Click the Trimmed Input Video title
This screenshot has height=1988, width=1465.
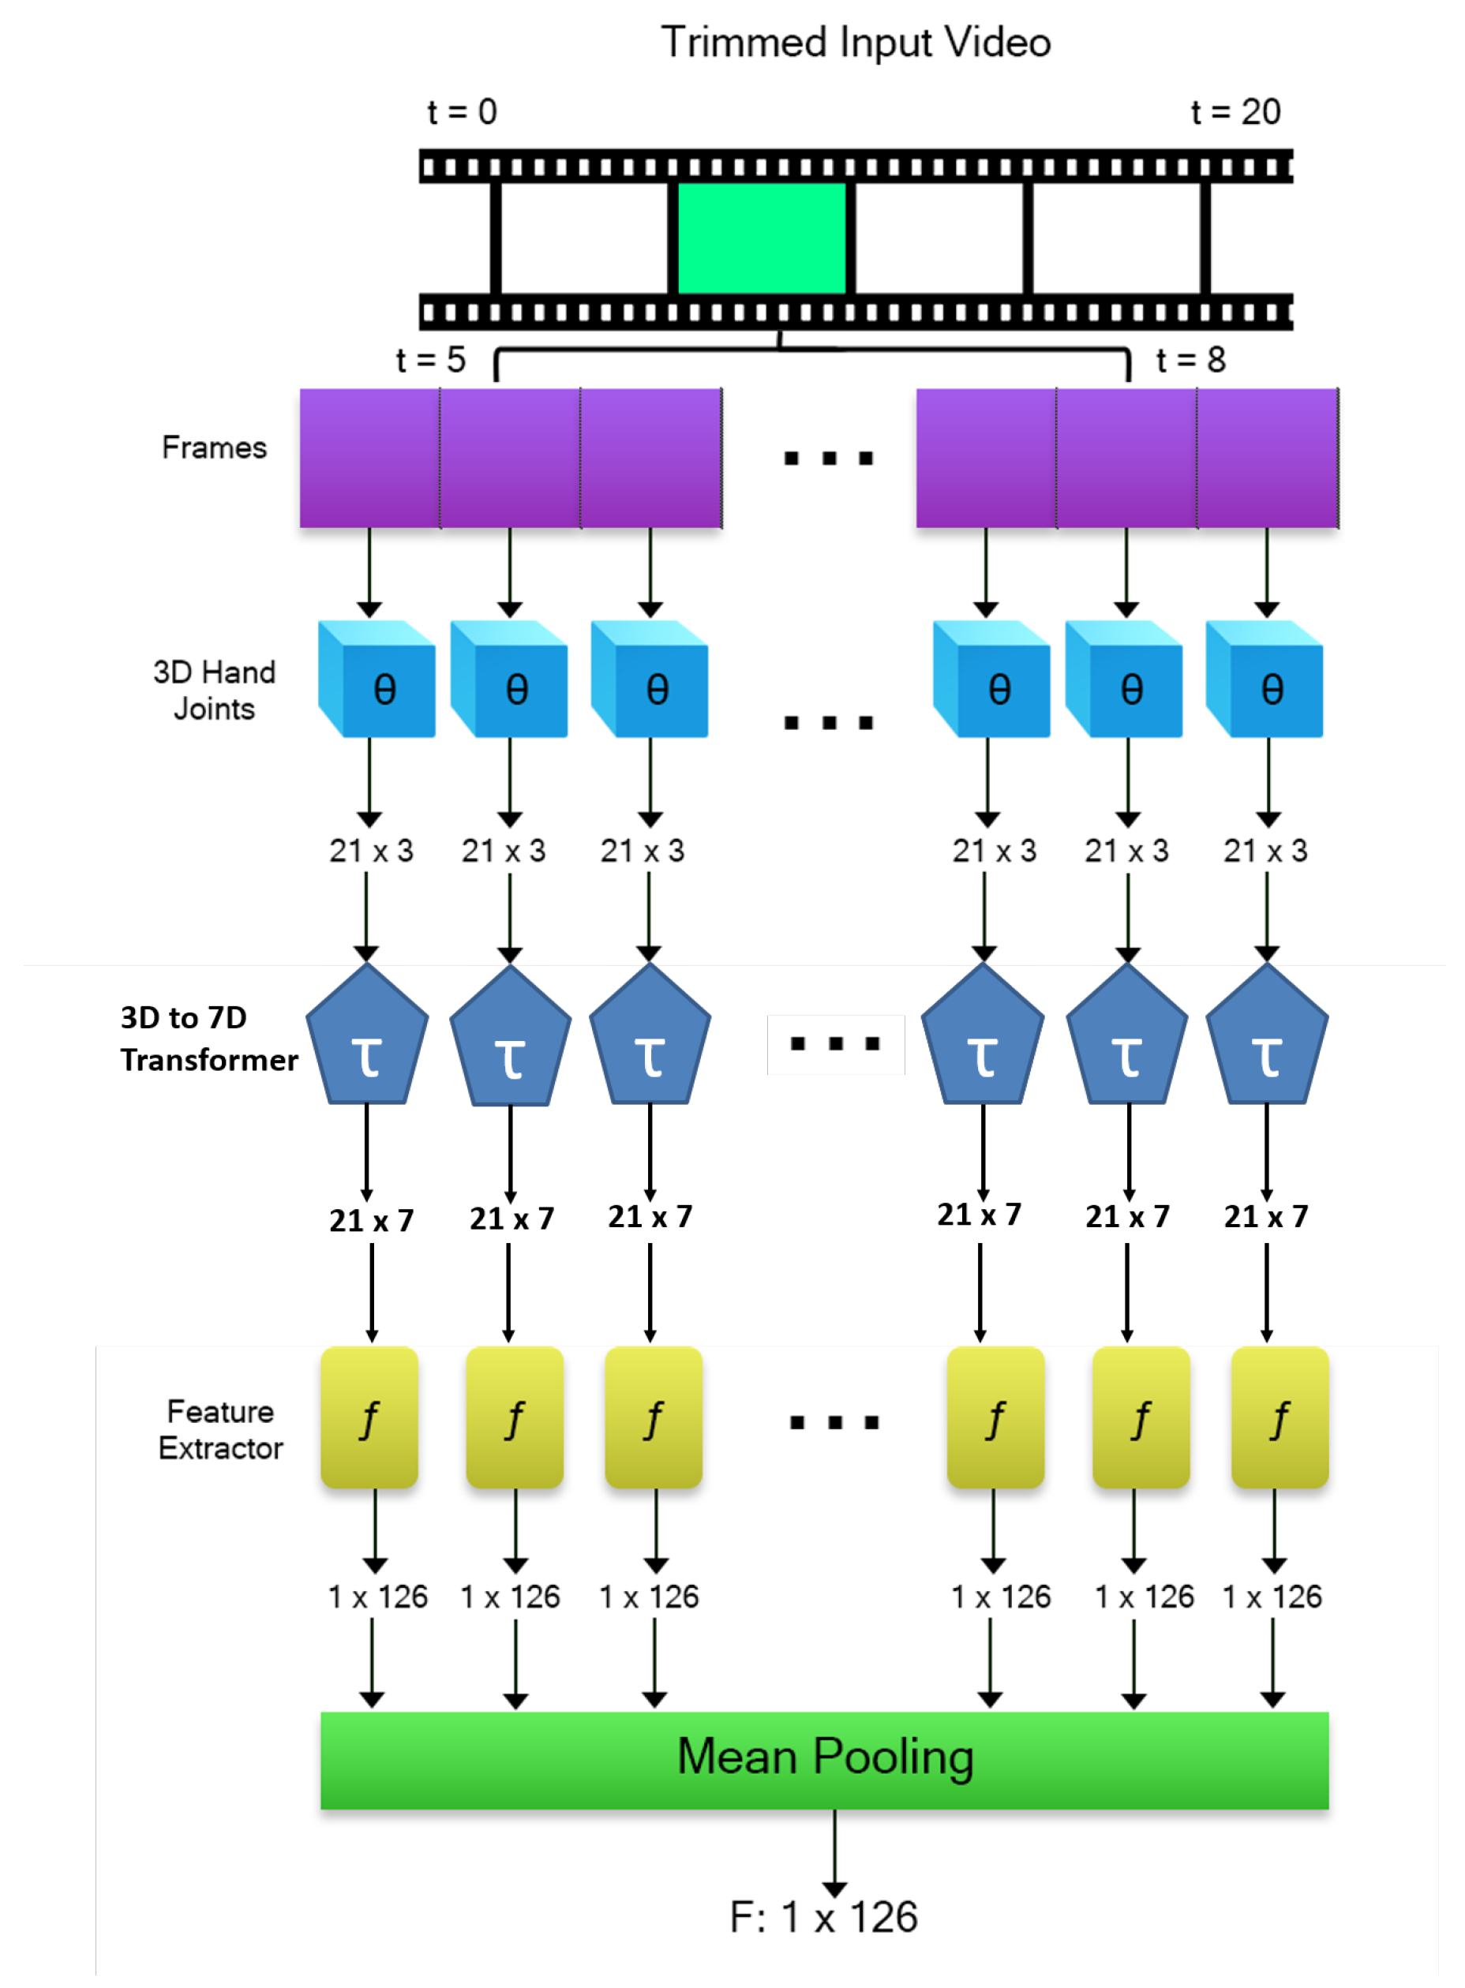(x=855, y=43)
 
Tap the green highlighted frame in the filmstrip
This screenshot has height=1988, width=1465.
(x=761, y=238)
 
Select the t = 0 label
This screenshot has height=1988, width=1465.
(x=462, y=112)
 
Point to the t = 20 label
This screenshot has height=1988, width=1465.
(x=1235, y=112)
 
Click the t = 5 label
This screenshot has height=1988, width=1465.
(x=430, y=359)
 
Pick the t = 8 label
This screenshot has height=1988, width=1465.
(x=1190, y=359)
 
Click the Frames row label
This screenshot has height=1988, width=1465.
(x=214, y=447)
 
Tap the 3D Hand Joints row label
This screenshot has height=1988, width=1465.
(x=214, y=690)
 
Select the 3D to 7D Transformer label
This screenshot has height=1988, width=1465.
(x=208, y=1038)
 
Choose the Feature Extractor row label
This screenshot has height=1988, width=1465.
(x=220, y=1428)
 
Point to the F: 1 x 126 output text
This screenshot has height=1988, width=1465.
(x=823, y=1916)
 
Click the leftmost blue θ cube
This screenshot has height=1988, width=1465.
(x=377, y=680)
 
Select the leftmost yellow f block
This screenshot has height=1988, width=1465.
(x=369, y=1416)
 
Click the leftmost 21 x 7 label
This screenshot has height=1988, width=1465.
(x=371, y=1220)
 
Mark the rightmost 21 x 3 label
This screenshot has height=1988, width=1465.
(x=1265, y=850)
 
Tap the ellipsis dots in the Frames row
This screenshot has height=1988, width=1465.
(x=828, y=459)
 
